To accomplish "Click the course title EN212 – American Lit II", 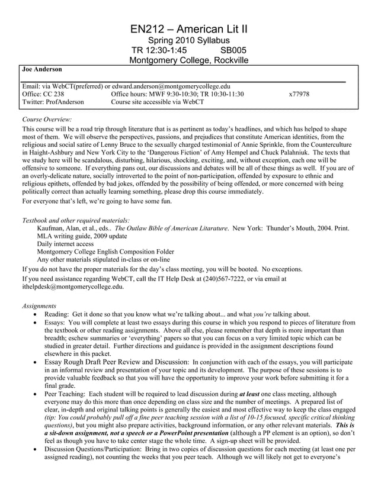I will [x=188, y=29].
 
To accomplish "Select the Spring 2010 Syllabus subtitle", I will [x=188, y=40].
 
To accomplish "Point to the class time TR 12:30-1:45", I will [x=159, y=50].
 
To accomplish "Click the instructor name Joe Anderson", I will [x=41, y=69].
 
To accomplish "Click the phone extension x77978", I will [x=299, y=94].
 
